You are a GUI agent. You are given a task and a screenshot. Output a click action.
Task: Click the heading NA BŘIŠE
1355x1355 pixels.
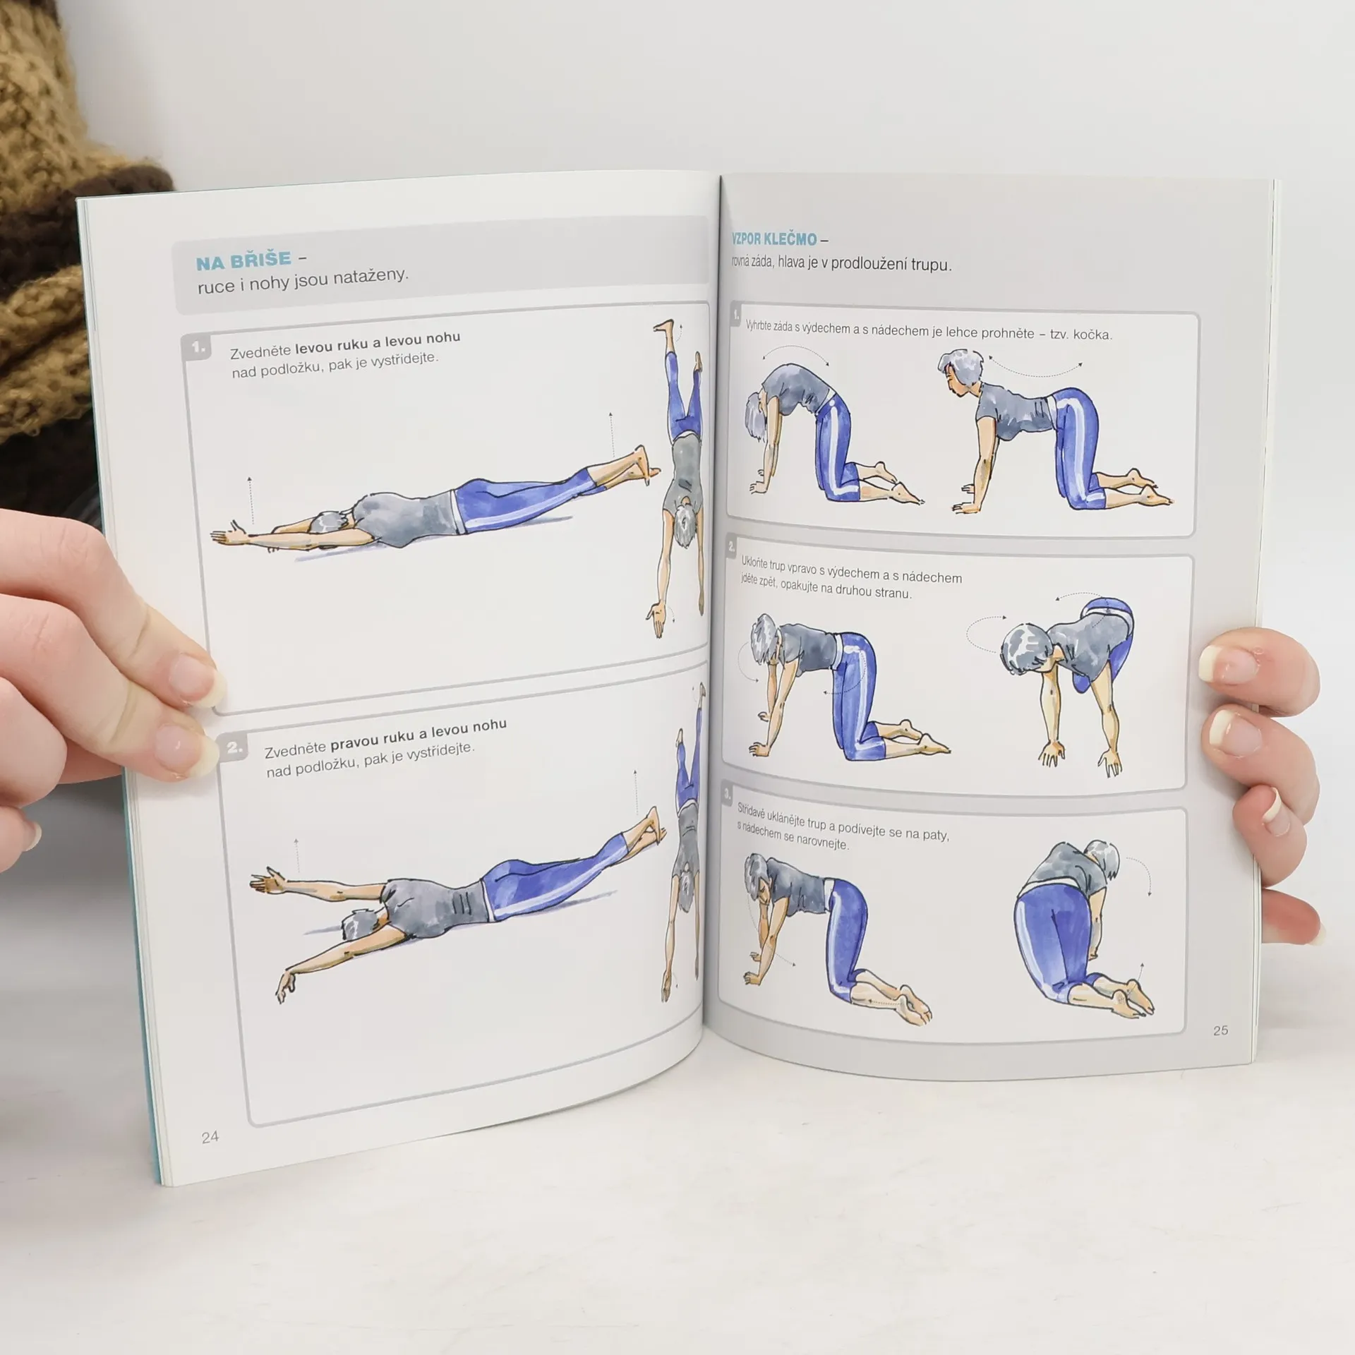(x=243, y=260)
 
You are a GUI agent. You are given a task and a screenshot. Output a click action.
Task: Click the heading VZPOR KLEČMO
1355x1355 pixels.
(x=774, y=239)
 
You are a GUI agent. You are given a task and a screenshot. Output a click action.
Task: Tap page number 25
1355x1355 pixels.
(x=1220, y=1030)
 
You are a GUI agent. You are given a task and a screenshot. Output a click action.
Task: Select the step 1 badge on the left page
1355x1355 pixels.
(x=198, y=349)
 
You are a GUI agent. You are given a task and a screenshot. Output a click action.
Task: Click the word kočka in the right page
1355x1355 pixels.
(x=1092, y=335)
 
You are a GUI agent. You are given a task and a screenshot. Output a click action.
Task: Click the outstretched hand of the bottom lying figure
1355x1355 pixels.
(x=266, y=882)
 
